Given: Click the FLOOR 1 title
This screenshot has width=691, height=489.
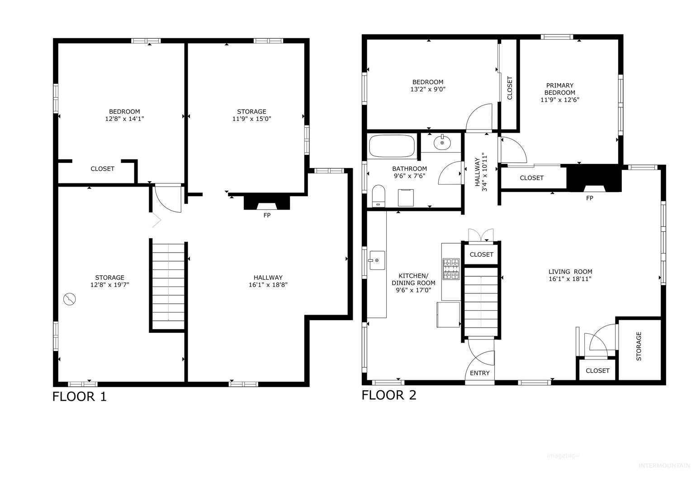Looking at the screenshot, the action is [x=79, y=397].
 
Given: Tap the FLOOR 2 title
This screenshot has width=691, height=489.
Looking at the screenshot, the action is [x=389, y=395].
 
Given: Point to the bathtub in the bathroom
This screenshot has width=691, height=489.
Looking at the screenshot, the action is [x=392, y=146].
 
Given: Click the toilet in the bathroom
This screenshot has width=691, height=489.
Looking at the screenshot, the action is [x=379, y=196].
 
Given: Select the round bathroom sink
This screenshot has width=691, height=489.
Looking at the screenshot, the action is [x=442, y=143].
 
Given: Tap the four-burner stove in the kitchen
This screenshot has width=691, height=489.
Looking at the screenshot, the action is [x=451, y=269].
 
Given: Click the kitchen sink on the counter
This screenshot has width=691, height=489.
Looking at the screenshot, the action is [x=377, y=260].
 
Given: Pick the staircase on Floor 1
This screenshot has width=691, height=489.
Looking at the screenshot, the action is [x=168, y=286].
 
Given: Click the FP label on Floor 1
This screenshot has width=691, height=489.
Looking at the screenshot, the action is [x=267, y=216].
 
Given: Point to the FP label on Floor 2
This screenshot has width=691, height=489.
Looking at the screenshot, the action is [x=590, y=198].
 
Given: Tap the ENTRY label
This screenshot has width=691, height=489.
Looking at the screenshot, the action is [x=480, y=373].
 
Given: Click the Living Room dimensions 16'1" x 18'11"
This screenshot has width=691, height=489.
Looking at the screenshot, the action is [x=570, y=279].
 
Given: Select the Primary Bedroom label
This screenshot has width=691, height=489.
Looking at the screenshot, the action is [x=559, y=89].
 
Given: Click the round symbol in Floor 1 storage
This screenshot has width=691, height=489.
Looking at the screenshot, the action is [x=69, y=299].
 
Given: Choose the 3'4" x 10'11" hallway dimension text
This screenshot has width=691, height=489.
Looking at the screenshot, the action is [x=484, y=172].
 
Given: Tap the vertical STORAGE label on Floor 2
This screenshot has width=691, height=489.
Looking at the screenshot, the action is [x=639, y=346].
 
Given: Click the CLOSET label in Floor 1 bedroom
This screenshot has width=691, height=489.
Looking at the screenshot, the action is [x=102, y=169].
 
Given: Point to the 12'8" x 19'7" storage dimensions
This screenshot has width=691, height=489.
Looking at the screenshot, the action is [x=109, y=285].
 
